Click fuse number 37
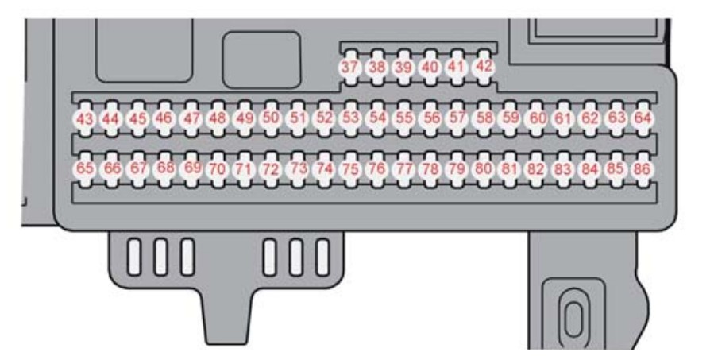pyautogui.click(x=349, y=68)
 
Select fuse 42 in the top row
pyautogui.click(x=484, y=67)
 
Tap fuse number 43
pyautogui.click(x=84, y=119)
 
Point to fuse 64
pyautogui.click(x=643, y=118)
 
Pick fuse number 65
pyautogui.click(x=84, y=168)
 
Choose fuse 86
pyautogui.click(x=642, y=169)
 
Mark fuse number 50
pyautogui.click(x=271, y=118)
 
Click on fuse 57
pyautogui.click(x=457, y=118)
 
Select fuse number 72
pyautogui.click(x=271, y=169)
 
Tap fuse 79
pyautogui.click(x=457, y=169)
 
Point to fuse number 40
pyautogui.click(x=430, y=68)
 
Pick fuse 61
pyautogui.click(x=563, y=118)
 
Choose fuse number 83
pyautogui.click(x=563, y=169)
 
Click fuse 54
pyautogui.click(x=377, y=118)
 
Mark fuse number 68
pyautogui.click(x=164, y=168)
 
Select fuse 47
pyautogui.click(x=191, y=118)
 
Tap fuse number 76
pyautogui.click(x=377, y=168)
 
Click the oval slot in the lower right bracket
pyautogui.click(x=573, y=318)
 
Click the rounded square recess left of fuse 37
pyautogui.click(x=261, y=60)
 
